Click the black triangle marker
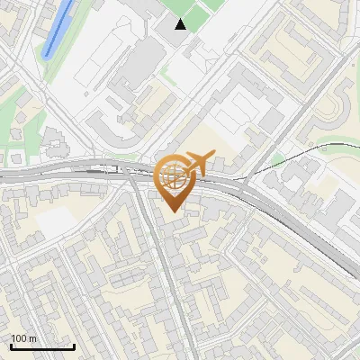tap(181, 24)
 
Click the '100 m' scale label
tap(24, 338)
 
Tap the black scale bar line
tap(41, 346)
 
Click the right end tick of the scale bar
tap(74, 345)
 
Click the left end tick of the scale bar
tap(10, 345)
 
